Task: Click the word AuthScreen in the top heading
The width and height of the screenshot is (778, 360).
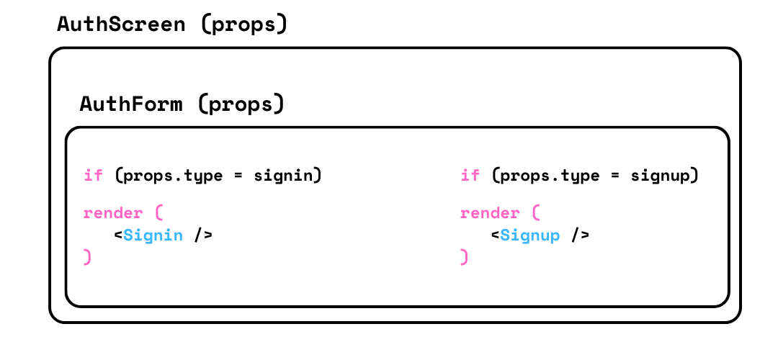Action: click(x=121, y=24)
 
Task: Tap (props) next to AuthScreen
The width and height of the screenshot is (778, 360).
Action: click(x=244, y=24)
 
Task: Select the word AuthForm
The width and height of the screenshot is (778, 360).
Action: click(x=131, y=104)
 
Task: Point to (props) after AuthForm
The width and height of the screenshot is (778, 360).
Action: click(x=241, y=105)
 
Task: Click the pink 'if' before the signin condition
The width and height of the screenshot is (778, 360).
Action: click(x=93, y=175)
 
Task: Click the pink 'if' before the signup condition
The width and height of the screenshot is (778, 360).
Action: click(x=470, y=175)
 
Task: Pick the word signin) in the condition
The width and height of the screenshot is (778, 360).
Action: click(x=287, y=176)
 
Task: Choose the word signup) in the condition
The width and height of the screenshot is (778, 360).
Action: click(x=664, y=176)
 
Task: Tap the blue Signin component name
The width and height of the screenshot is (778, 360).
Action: click(x=153, y=235)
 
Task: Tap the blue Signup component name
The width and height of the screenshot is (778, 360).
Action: click(x=530, y=235)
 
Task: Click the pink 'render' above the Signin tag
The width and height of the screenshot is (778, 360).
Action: click(x=113, y=213)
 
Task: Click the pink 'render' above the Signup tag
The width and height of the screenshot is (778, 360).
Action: click(x=490, y=213)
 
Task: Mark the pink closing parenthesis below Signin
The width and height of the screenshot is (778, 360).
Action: click(x=88, y=257)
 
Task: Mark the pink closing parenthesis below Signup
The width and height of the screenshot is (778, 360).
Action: click(x=465, y=257)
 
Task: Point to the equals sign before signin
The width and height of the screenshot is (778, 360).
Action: click(x=238, y=176)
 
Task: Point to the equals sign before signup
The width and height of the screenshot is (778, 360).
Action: click(x=614, y=176)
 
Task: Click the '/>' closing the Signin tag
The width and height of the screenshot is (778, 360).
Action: click(x=203, y=235)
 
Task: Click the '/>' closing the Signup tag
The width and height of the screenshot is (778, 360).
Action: click(x=580, y=235)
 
